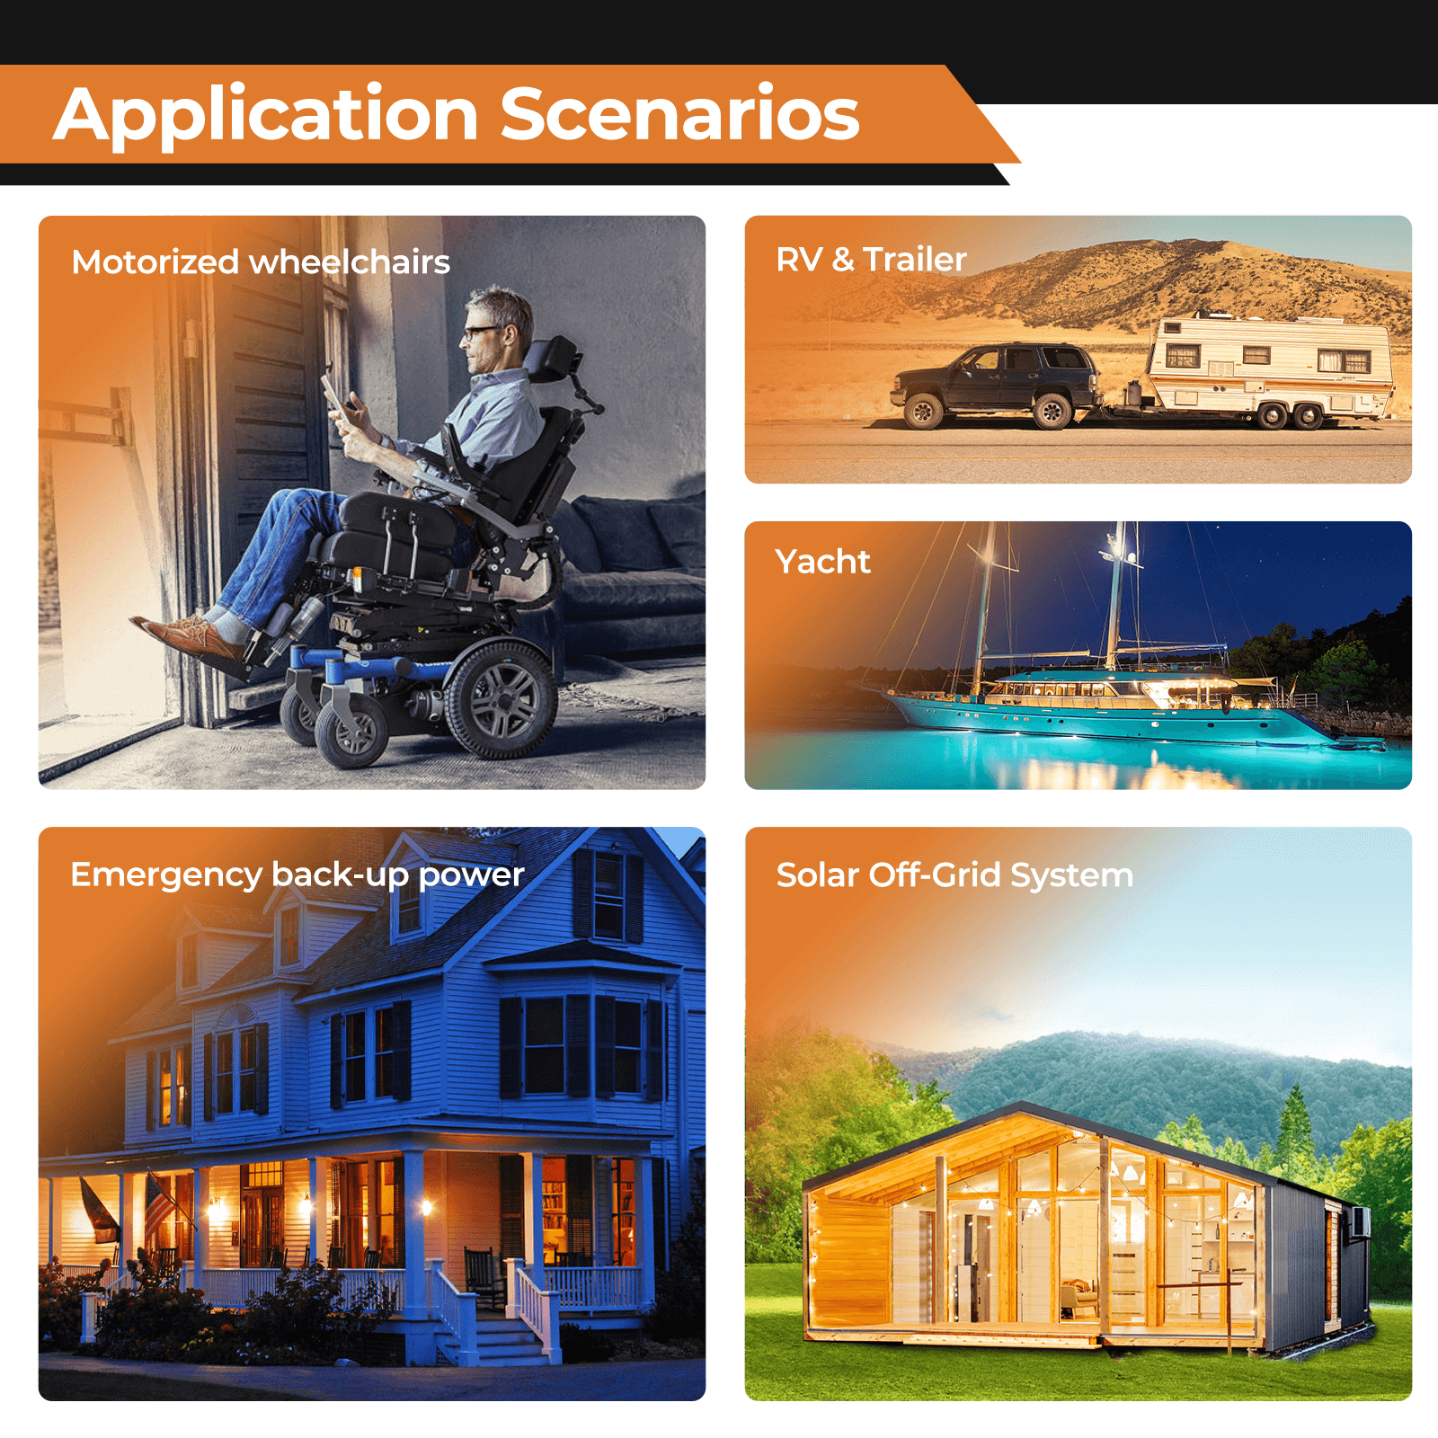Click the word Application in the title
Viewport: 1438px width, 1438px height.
coord(266,115)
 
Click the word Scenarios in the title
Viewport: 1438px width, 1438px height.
coord(679,115)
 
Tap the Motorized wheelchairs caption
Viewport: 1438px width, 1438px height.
coord(261,262)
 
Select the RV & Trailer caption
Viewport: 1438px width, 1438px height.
coord(871,260)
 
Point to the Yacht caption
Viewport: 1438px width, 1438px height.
coord(822,562)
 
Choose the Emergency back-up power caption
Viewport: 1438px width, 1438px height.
coord(297,874)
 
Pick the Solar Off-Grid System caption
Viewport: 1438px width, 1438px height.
coord(954,875)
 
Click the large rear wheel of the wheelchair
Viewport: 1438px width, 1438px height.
coord(501,698)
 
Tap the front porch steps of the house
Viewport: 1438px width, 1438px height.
coord(494,1339)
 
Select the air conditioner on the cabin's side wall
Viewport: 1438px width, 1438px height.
coord(1358,1223)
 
